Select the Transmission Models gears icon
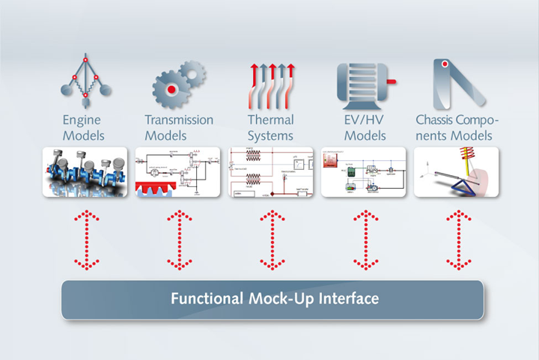178,84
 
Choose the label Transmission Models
178,127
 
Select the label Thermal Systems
271,127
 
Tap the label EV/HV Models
364,127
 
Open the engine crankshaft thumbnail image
85,172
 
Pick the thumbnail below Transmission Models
178,172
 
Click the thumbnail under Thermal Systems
271,172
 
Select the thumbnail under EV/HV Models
364,172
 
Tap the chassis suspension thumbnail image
457,172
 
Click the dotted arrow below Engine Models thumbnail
87,240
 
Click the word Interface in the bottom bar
346,299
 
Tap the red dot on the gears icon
171,90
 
